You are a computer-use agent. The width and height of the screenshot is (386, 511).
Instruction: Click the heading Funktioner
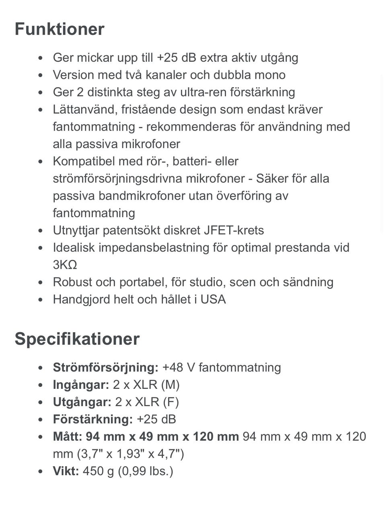[60, 29]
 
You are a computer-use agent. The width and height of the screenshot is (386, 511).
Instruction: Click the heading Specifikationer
[77, 339]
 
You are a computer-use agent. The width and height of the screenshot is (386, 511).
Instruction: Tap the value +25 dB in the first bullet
[176, 58]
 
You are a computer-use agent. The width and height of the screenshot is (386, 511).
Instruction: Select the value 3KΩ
[65, 265]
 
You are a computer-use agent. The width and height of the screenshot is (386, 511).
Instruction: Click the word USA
[213, 300]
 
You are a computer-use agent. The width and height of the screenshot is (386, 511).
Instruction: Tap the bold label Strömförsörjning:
[106, 368]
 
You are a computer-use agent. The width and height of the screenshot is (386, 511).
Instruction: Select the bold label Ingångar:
[81, 385]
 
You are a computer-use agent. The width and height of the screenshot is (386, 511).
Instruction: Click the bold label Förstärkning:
[92, 419]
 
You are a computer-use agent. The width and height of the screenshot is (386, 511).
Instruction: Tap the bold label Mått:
[68, 437]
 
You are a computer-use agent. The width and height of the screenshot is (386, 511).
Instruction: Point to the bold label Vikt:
[66, 471]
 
